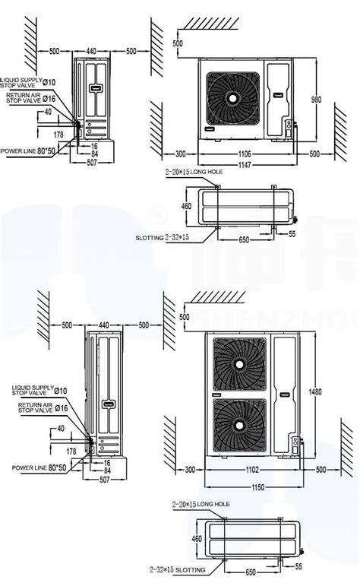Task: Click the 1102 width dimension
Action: pos(245,470)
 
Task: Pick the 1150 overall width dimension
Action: pos(245,486)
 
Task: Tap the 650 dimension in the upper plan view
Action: pos(243,240)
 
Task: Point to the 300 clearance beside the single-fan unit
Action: pos(179,154)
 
